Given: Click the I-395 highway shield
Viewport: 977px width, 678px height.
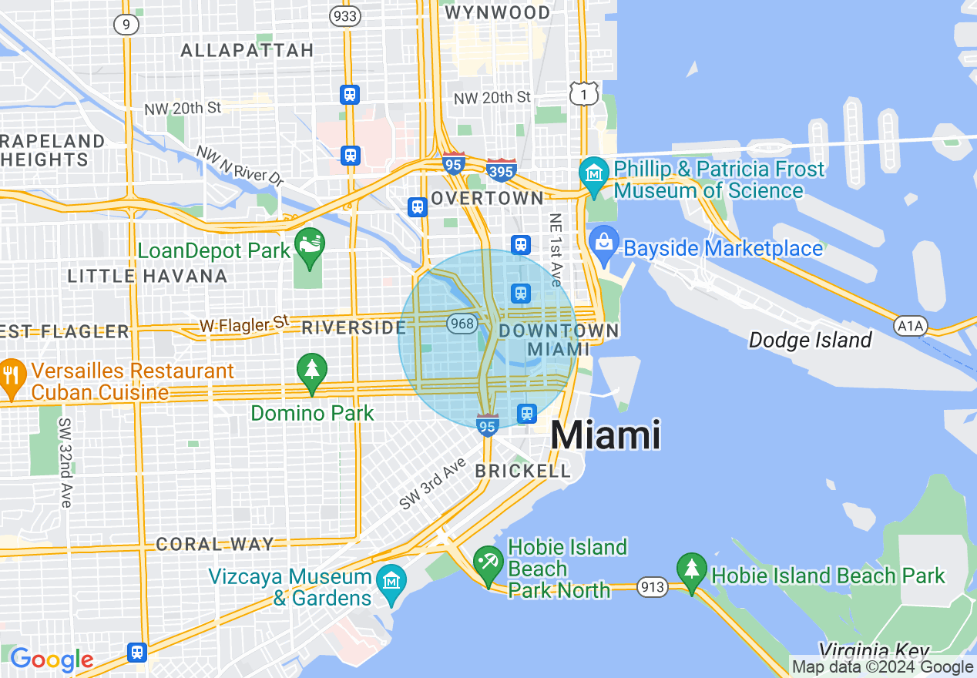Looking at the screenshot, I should tap(501, 170).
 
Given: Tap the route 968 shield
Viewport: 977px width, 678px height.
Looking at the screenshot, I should tap(462, 324).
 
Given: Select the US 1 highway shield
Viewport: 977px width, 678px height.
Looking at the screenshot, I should tap(584, 93).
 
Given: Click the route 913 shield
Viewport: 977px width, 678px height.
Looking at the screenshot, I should tap(652, 588).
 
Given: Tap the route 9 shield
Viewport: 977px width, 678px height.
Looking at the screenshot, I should tap(126, 25).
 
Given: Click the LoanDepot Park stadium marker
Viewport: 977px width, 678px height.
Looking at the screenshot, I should tap(311, 245).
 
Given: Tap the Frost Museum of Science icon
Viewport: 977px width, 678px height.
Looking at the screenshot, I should tap(594, 173).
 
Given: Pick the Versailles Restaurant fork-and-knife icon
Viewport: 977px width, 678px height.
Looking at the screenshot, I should tap(12, 376).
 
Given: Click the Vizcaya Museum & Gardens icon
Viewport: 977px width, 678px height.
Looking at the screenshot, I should tap(392, 579).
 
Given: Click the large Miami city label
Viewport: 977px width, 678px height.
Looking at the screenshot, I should tap(606, 435).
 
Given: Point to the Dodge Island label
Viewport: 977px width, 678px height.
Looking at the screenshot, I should tap(811, 340).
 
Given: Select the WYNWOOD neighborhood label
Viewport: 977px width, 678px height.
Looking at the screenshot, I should tap(509, 12).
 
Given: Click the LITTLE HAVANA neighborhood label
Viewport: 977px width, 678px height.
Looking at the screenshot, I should tap(147, 276).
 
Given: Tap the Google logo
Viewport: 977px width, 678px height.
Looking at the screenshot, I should tap(51, 660).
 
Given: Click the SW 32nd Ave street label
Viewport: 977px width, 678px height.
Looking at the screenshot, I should tap(65, 462).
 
